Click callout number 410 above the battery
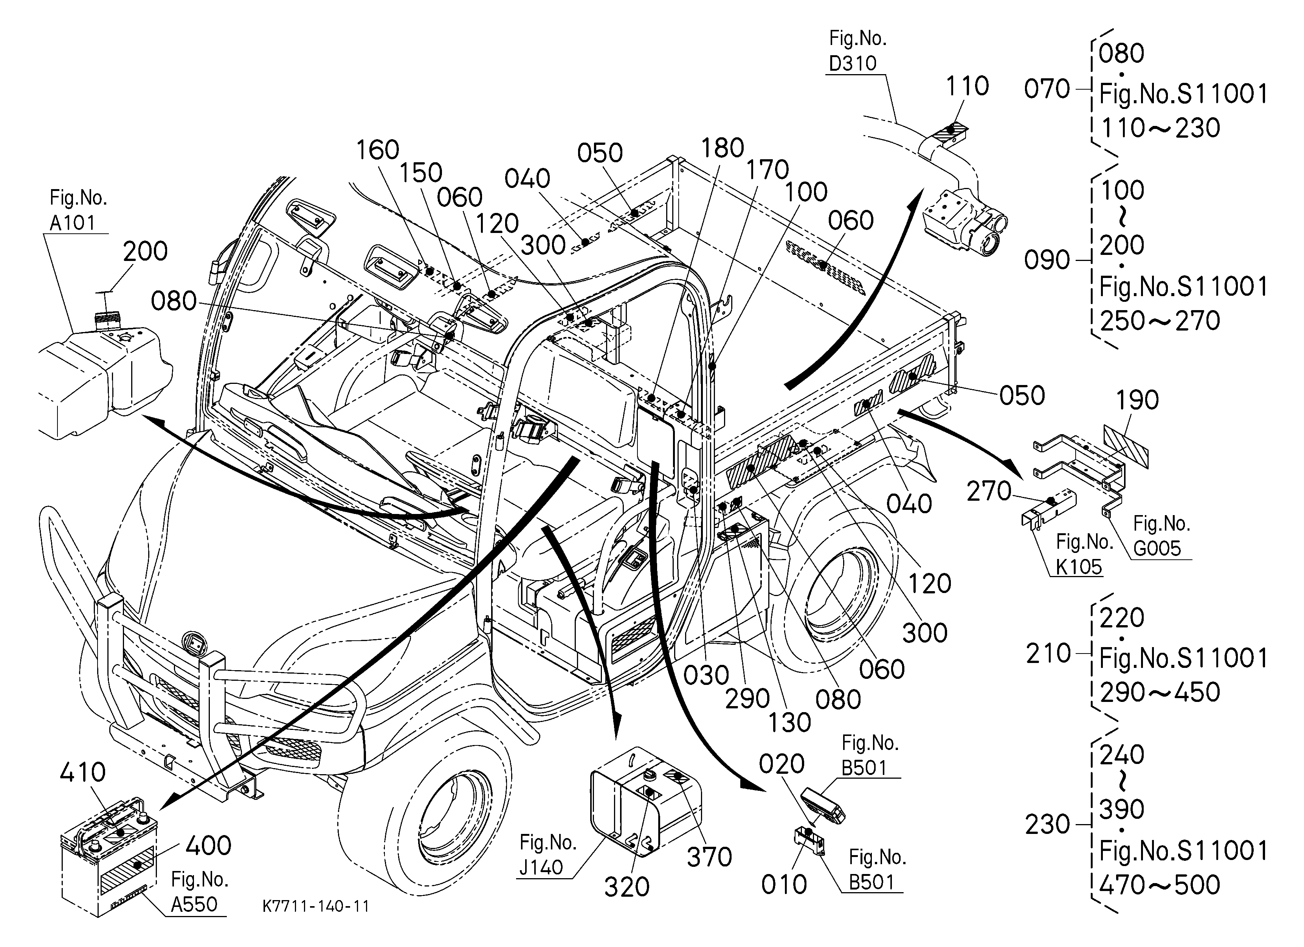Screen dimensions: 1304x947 83,772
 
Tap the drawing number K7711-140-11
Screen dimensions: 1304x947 316,906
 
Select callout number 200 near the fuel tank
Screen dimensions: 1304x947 146,251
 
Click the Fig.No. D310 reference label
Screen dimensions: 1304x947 857,51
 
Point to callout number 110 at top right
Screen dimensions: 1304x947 968,86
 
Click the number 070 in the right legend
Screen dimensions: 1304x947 1047,89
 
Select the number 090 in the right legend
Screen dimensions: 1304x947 1047,261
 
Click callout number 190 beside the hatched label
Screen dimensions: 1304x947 1137,400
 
